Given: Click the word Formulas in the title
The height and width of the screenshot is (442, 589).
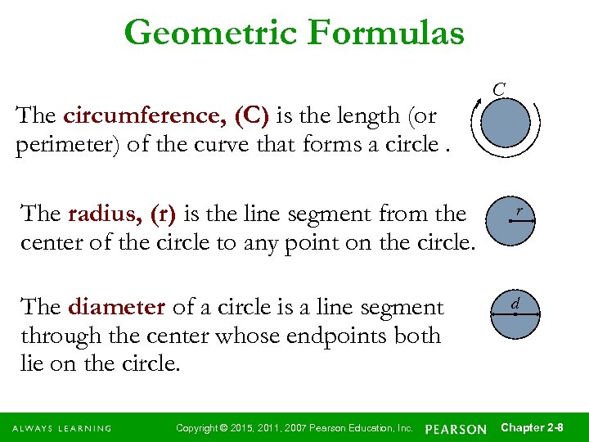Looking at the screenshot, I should [x=387, y=34].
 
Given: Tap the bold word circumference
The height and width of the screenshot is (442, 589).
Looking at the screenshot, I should [x=145, y=115].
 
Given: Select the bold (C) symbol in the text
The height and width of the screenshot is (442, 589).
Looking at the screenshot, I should [x=251, y=115].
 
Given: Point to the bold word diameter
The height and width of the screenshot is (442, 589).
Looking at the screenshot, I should [x=118, y=307].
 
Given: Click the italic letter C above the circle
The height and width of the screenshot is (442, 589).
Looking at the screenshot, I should [x=499, y=88].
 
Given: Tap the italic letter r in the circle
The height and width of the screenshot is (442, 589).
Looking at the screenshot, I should [x=518, y=212].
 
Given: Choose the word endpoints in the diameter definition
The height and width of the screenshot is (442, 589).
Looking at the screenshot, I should [x=351, y=336].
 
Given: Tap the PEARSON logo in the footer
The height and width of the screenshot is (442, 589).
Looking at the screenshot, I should [x=456, y=429].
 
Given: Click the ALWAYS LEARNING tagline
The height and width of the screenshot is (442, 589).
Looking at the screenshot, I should [x=61, y=429].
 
